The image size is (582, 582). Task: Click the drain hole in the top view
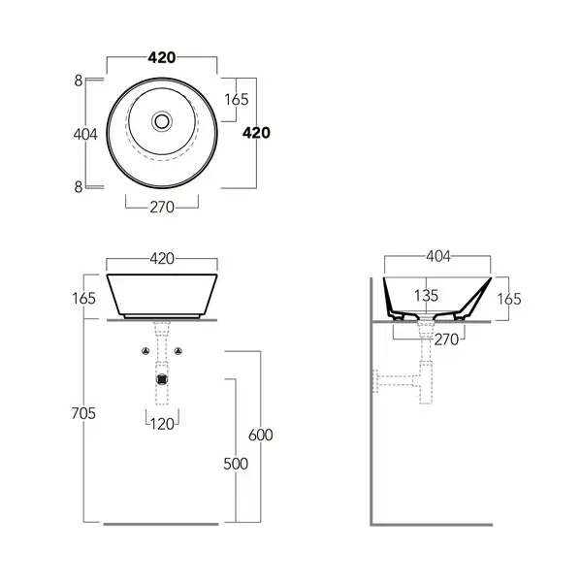tap(162, 121)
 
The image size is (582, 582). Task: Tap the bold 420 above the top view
tap(162, 57)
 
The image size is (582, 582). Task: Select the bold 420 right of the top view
tap(256, 133)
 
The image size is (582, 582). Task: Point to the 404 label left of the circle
tap(85, 134)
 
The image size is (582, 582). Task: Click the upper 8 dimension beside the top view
tap(79, 81)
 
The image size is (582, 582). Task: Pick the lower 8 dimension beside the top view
tap(79, 187)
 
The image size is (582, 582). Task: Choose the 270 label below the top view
tap(162, 208)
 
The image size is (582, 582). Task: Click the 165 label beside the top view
tap(237, 100)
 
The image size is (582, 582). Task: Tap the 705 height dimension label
tap(83, 413)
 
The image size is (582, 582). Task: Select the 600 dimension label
tap(261, 435)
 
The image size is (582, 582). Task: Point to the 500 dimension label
tap(236, 464)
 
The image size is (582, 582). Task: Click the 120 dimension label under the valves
tap(162, 424)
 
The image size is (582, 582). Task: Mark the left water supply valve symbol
tap(145, 351)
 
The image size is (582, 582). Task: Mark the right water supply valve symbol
tap(178, 351)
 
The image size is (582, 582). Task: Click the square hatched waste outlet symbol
tap(162, 379)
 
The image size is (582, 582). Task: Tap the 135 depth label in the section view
tap(426, 296)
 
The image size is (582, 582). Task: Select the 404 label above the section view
tap(438, 256)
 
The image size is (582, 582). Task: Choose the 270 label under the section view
tap(446, 339)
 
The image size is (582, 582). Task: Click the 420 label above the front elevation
tap(162, 259)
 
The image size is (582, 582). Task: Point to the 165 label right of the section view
tap(509, 299)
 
